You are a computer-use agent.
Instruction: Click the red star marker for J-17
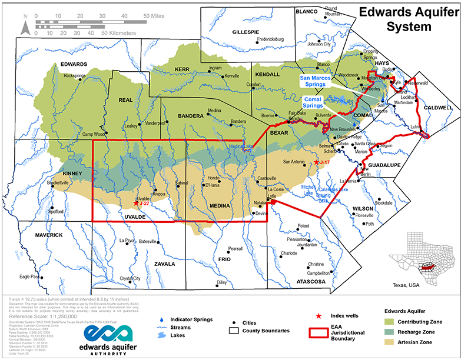point(317,162)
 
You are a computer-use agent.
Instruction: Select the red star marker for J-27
point(137,204)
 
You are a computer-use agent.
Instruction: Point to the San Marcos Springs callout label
point(321,81)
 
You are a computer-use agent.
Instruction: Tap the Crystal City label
point(130,278)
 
